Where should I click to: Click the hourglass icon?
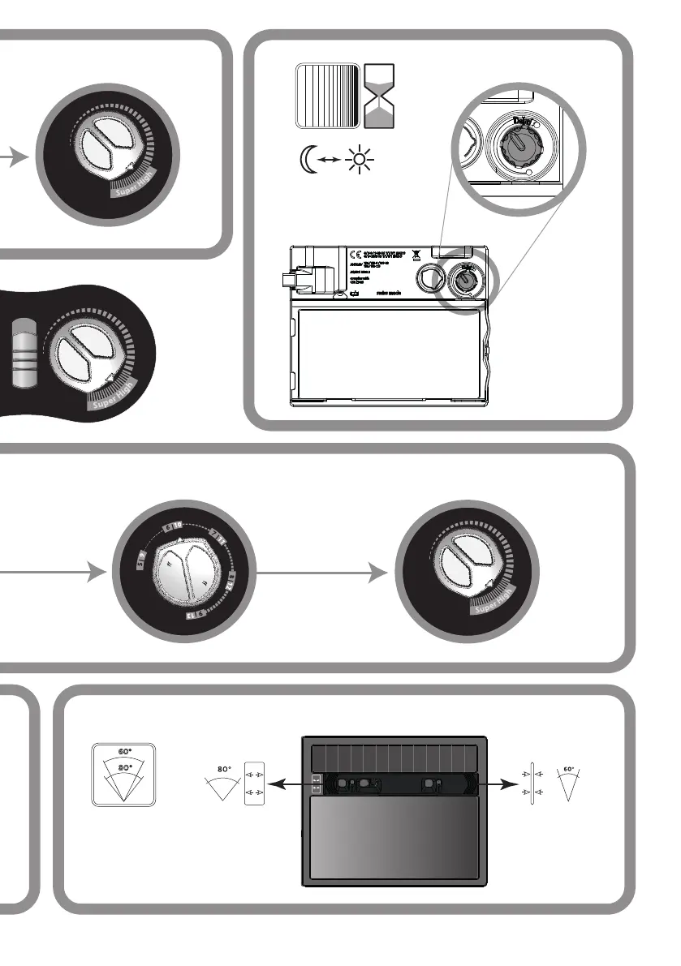pyautogui.click(x=380, y=97)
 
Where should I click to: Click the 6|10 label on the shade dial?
pyautogui.click(x=173, y=527)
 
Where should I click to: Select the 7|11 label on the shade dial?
pyautogui.click(x=217, y=536)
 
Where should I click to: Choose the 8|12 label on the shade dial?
pyautogui.click(x=231, y=580)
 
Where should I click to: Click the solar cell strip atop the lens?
pyautogui.click(x=394, y=758)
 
